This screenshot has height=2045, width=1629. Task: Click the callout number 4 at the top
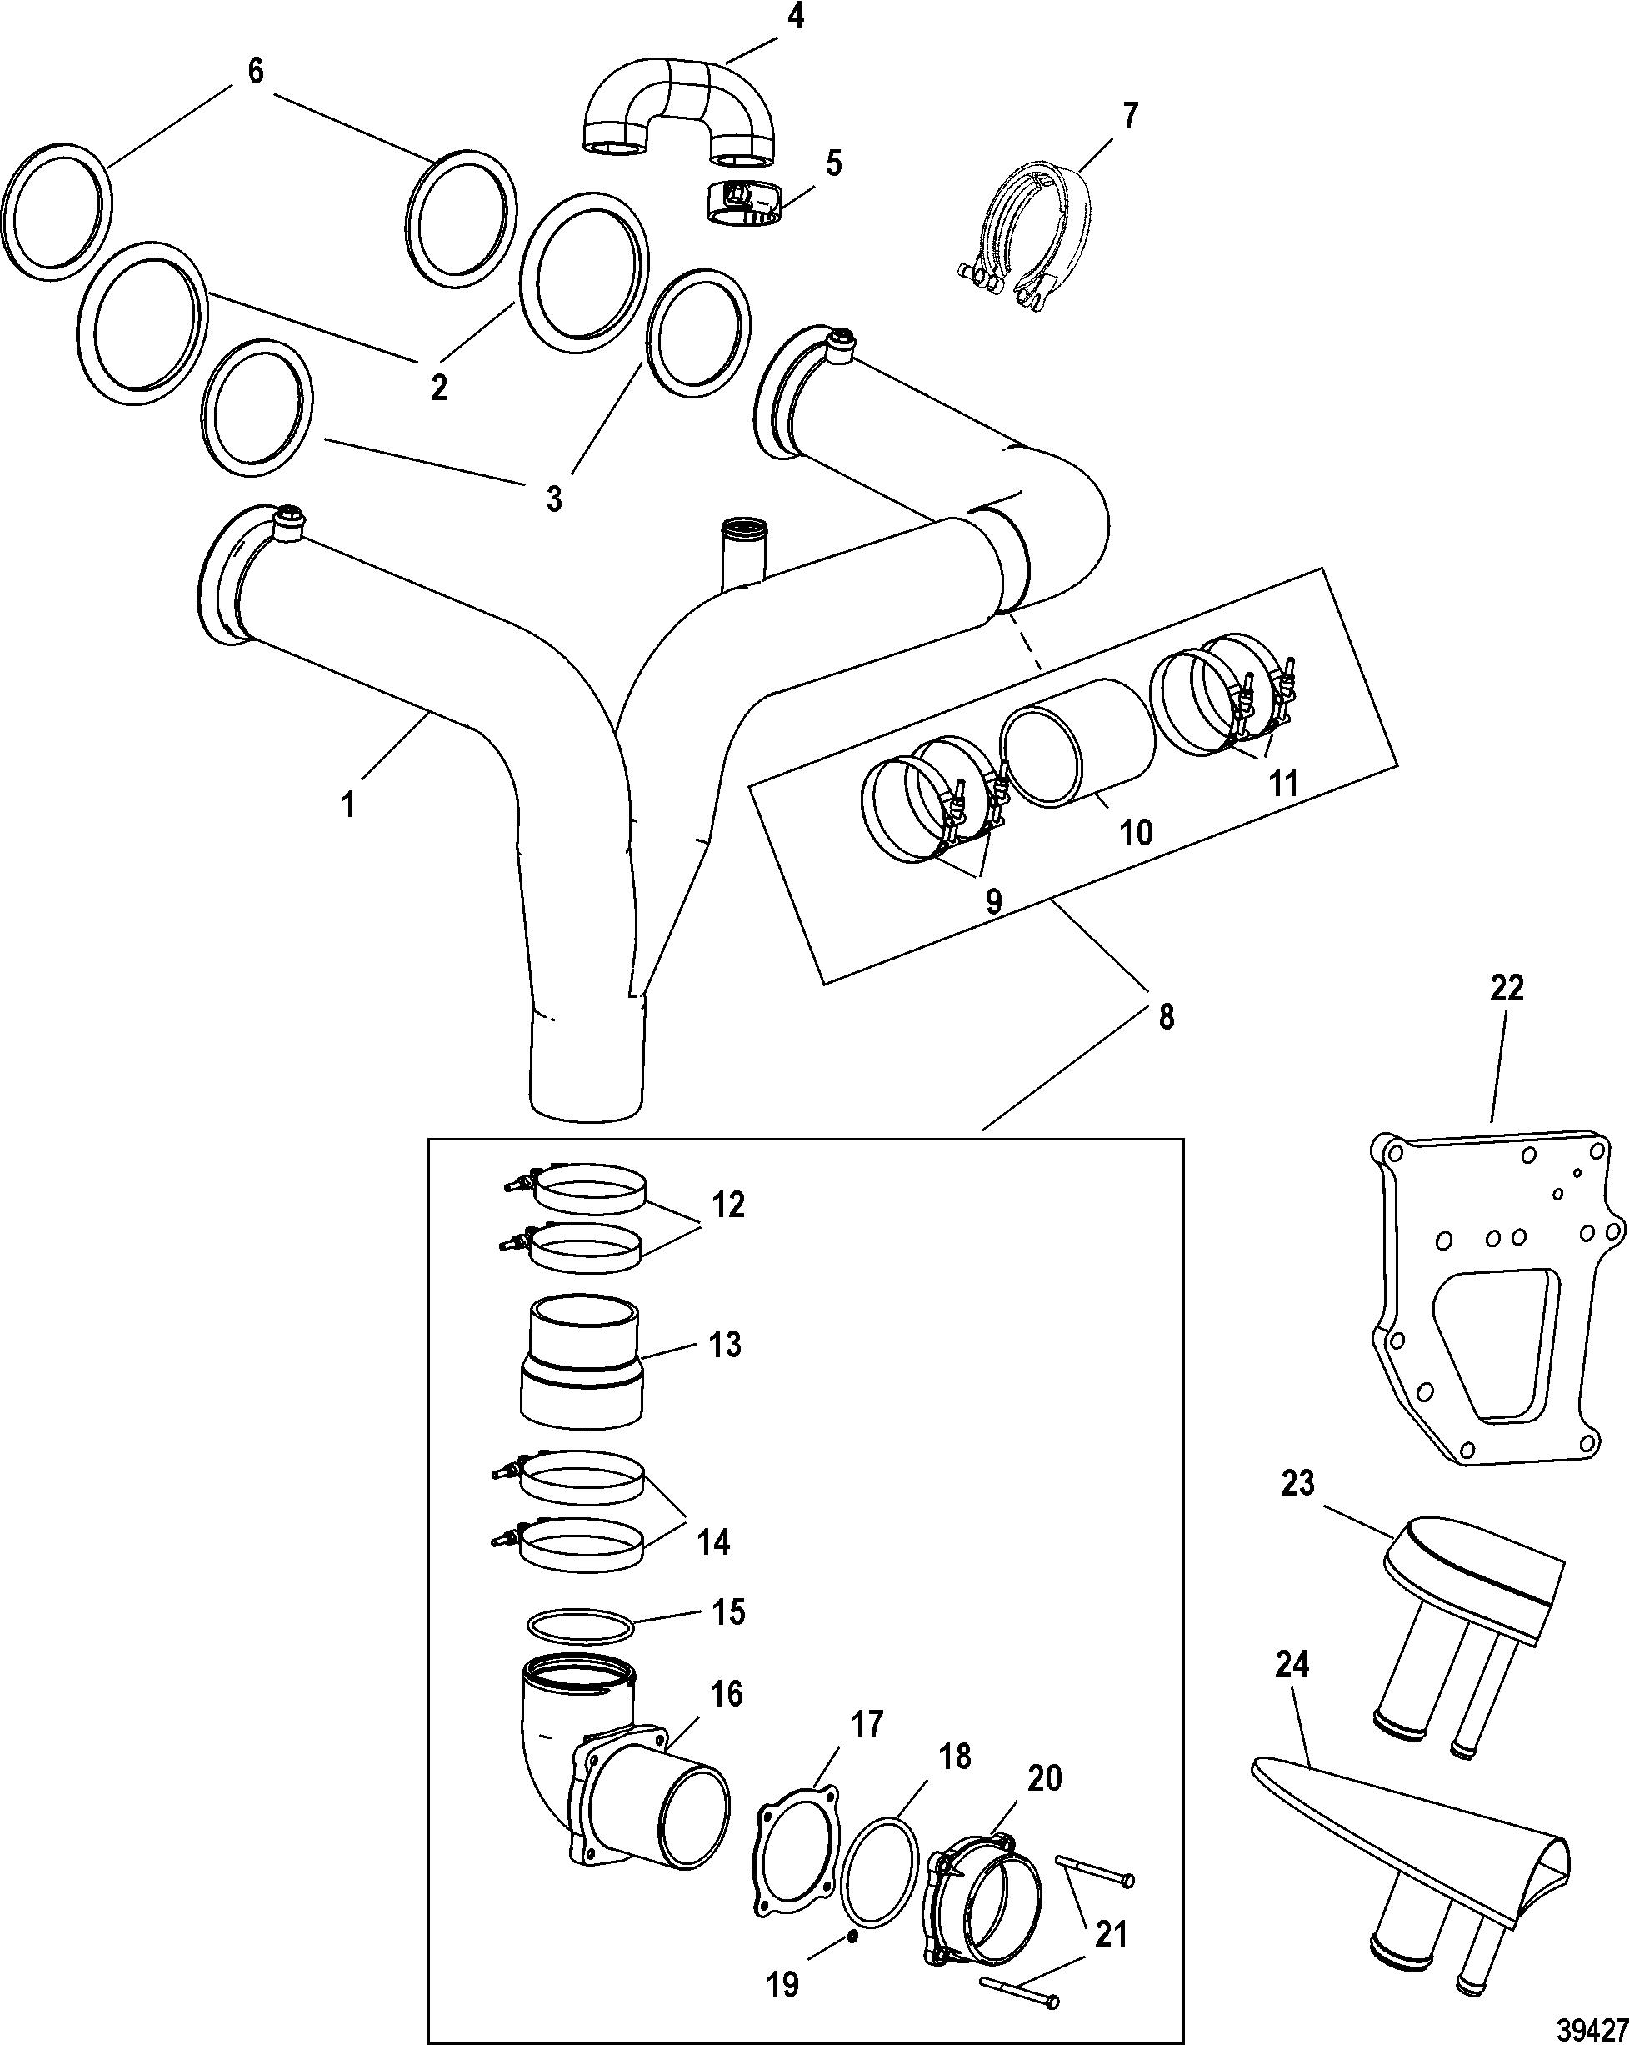tap(796, 17)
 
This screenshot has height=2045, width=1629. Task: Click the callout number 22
tap(1506, 987)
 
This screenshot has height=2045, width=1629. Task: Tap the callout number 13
tap(726, 1344)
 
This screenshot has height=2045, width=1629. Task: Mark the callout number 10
tap(1136, 832)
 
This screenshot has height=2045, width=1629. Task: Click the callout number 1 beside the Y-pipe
tap(349, 804)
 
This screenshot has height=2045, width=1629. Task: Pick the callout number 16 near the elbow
tap(727, 1693)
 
